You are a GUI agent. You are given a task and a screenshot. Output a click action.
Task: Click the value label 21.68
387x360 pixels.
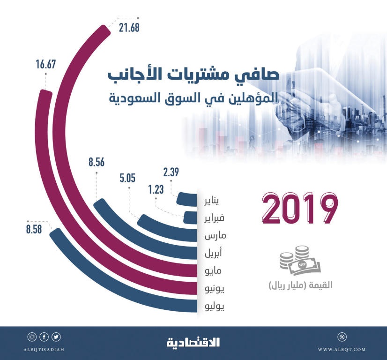[x=129, y=27]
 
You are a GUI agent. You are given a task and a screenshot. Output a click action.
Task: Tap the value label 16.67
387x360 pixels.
[x=46, y=65]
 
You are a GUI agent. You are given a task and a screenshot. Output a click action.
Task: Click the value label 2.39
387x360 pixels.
[x=171, y=172]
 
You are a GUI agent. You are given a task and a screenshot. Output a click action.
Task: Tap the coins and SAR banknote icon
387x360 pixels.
[x=299, y=263]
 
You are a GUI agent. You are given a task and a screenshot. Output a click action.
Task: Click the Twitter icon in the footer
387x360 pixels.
[x=56, y=337]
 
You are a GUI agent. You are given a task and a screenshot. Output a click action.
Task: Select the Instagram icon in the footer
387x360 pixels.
[x=32, y=337]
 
